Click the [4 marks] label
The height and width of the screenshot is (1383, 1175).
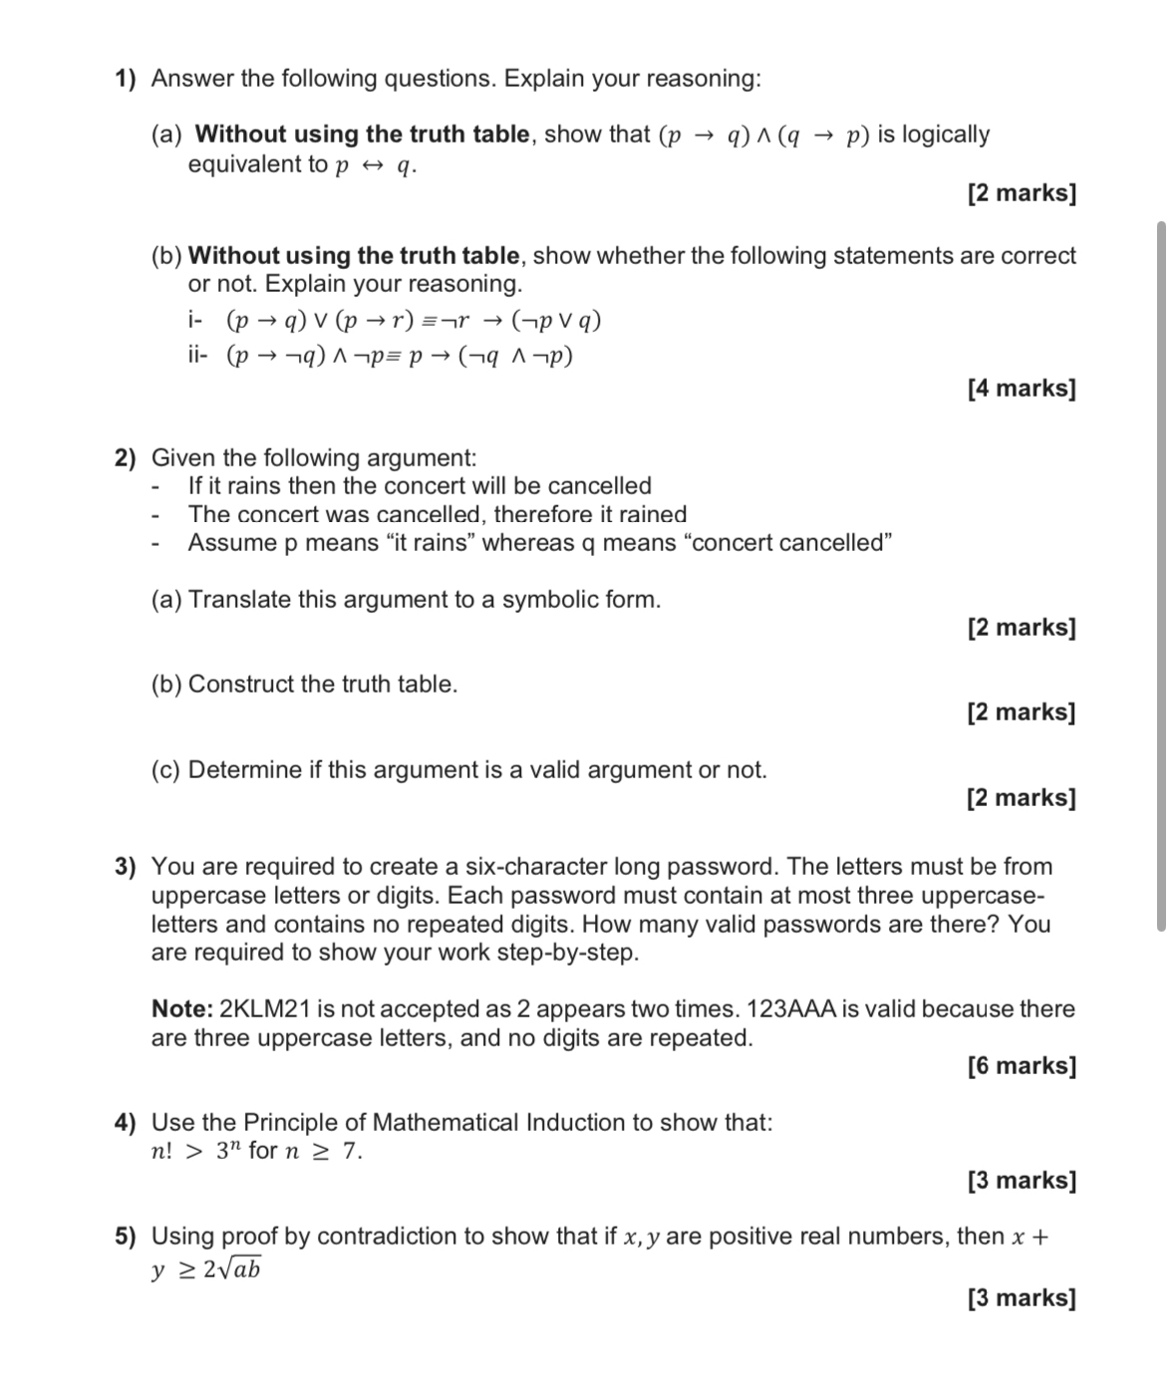tap(1021, 388)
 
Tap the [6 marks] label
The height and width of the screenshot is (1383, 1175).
tap(1021, 1065)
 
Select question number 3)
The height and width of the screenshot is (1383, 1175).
tap(125, 867)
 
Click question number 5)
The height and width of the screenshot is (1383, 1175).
tap(125, 1237)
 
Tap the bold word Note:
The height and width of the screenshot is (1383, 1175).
tap(181, 1009)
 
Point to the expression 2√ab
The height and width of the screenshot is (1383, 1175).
tap(232, 1269)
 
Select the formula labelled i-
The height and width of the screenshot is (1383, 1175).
tap(414, 321)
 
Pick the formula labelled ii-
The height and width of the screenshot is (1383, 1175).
tap(400, 356)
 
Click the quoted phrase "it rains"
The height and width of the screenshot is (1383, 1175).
tap(430, 543)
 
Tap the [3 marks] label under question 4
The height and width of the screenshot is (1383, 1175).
tap(1021, 1181)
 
